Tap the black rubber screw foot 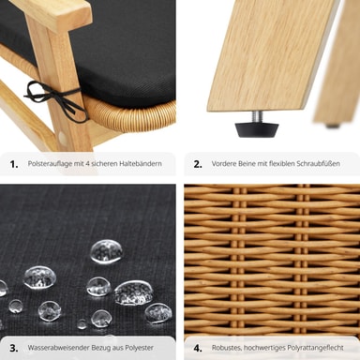tap(257, 129)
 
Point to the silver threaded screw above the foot tap(257, 116)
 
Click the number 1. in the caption tap(14, 164)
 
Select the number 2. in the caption tap(198, 164)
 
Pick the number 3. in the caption tap(14, 348)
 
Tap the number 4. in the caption tap(198, 348)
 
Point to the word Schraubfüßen tap(319, 163)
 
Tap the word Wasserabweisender tap(58, 348)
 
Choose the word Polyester tap(140, 348)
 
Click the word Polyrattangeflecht tap(316, 348)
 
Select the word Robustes tap(226, 348)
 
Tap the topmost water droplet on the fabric tap(107, 251)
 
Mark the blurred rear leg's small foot tap(333, 126)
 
